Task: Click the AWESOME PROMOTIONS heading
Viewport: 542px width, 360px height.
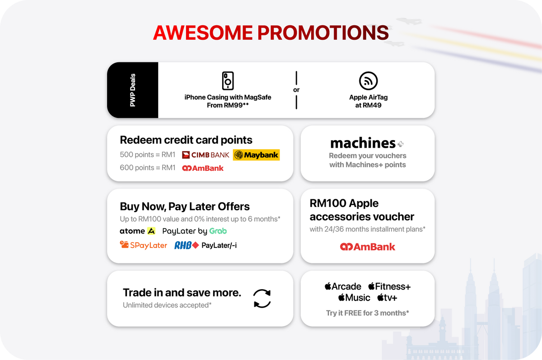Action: (271, 33)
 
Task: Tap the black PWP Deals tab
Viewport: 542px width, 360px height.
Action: (133, 90)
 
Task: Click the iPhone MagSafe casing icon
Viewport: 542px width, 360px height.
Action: (228, 80)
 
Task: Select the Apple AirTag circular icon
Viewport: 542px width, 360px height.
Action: (368, 80)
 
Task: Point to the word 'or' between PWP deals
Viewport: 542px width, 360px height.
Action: (296, 90)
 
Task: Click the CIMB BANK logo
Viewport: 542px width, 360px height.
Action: (206, 155)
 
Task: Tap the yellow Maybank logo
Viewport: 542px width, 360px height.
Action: (256, 155)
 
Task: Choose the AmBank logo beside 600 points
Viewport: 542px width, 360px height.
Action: (203, 168)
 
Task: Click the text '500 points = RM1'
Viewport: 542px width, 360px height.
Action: (147, 154)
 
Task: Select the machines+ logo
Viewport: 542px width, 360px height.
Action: (367, 143)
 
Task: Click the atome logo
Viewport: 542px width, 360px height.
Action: (137, 231)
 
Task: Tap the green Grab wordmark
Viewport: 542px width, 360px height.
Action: (218, 231)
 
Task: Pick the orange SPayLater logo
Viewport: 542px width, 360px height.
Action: (144, 245)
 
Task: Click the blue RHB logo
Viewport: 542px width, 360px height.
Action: (187, 245)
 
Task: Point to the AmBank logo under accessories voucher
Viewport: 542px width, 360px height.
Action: (368, 247)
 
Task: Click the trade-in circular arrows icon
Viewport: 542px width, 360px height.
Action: (262, 299)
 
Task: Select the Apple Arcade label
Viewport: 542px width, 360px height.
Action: (343, 286)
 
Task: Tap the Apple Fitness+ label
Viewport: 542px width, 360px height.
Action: (389, 286)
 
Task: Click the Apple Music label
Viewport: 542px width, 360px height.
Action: (354, 298)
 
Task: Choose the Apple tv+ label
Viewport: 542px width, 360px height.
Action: (387, 298)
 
